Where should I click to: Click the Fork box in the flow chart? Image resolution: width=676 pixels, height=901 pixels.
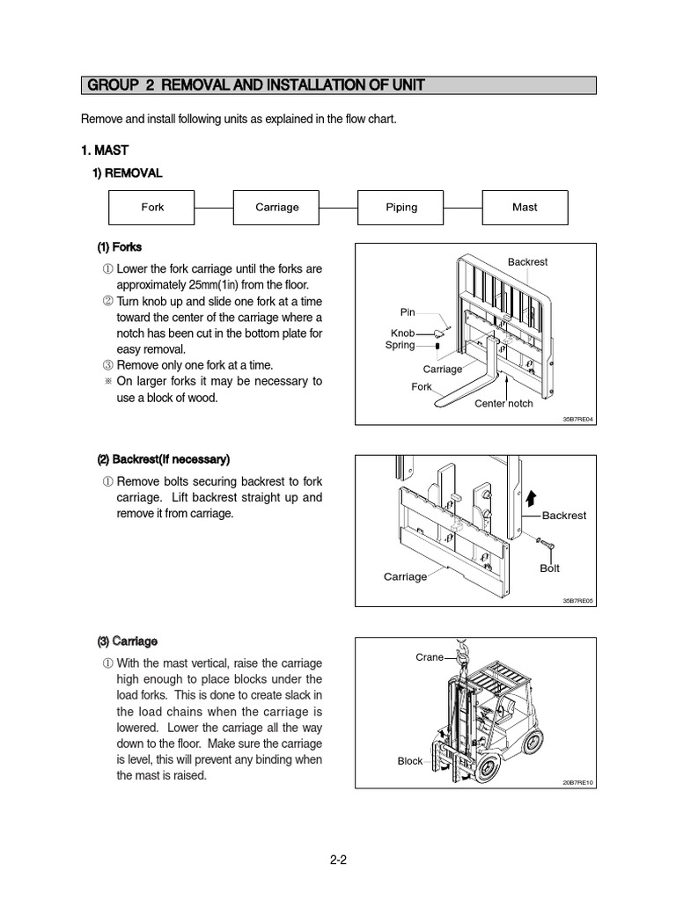152,208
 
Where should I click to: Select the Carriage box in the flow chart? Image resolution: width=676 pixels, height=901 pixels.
276,208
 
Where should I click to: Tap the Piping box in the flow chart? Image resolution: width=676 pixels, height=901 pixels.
401,208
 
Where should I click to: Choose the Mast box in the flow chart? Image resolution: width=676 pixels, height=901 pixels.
525,208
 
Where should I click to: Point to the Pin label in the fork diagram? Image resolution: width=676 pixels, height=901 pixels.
407,312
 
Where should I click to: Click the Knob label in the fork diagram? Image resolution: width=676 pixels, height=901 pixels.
402,333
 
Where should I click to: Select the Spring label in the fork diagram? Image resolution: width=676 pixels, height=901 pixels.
400,345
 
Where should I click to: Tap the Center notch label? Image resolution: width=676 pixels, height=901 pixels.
503,403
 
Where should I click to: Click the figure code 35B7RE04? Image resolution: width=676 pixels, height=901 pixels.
578,420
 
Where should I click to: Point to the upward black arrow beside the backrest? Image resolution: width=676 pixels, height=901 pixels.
531,499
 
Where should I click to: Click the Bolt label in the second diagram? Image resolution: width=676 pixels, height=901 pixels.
549,568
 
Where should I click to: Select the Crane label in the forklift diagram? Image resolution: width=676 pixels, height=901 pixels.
430,657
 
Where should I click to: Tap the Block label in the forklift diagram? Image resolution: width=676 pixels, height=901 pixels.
410,761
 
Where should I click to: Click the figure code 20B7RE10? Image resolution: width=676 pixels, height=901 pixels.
578,782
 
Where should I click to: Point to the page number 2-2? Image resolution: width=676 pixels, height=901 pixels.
339,861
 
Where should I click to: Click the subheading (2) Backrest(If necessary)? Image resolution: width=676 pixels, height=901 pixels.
163,459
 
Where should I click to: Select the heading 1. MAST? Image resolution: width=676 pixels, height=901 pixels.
105,150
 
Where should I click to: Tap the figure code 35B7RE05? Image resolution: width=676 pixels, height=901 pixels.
578,601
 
